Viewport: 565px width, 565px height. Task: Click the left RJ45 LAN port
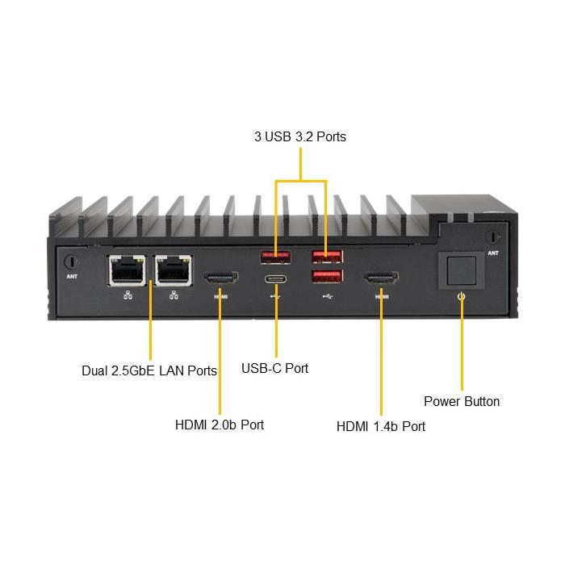[125, 270]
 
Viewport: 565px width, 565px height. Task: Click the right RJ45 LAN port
[173, 270]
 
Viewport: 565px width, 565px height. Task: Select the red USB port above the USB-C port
[275, 257]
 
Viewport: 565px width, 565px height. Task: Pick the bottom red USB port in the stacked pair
[326, 277]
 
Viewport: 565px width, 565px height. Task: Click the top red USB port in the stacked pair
[326, 257]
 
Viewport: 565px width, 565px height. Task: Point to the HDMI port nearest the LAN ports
[221, 279]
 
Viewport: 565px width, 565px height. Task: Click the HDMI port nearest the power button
[380, 279]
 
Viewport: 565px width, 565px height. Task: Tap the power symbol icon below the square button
[461, 297]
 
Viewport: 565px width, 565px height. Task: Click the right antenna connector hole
[492, 238]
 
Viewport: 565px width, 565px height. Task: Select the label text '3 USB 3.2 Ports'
[299, 137]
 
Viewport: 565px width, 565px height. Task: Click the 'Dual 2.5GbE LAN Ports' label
[149, 371]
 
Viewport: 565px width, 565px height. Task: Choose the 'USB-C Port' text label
[275, 368]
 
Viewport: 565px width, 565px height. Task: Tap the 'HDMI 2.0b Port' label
[220, 424]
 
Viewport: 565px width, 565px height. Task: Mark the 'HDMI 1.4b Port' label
[381, 425]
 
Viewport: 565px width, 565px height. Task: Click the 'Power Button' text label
[462, 401]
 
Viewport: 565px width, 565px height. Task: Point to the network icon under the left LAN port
[127, 295]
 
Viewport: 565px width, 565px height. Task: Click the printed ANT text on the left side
[71, 282]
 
